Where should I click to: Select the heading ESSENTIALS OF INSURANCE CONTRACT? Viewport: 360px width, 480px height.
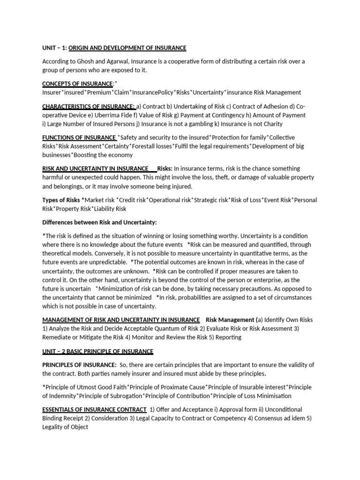point(94,410)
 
